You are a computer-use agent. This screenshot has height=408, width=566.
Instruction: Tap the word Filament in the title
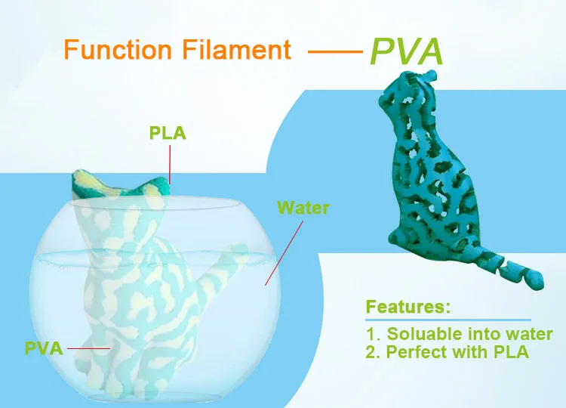click(236, 50)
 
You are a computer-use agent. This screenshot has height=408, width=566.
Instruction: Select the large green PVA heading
click(406, 51)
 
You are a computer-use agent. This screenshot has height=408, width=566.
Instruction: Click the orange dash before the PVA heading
click(336, 52)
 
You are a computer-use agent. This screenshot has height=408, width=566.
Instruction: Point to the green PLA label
click(168, 134)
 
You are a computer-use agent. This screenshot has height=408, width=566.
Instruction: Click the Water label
click(303, 207)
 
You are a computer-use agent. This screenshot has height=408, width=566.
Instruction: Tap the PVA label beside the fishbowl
click(43, 348)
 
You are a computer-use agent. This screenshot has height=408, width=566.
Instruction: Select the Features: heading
click(408, 307)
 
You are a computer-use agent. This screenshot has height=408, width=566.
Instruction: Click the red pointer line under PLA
click(170, 163)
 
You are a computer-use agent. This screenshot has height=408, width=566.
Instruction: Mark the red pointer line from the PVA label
click(88, 348)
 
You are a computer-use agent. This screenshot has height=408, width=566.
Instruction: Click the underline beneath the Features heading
click(448, 320)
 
